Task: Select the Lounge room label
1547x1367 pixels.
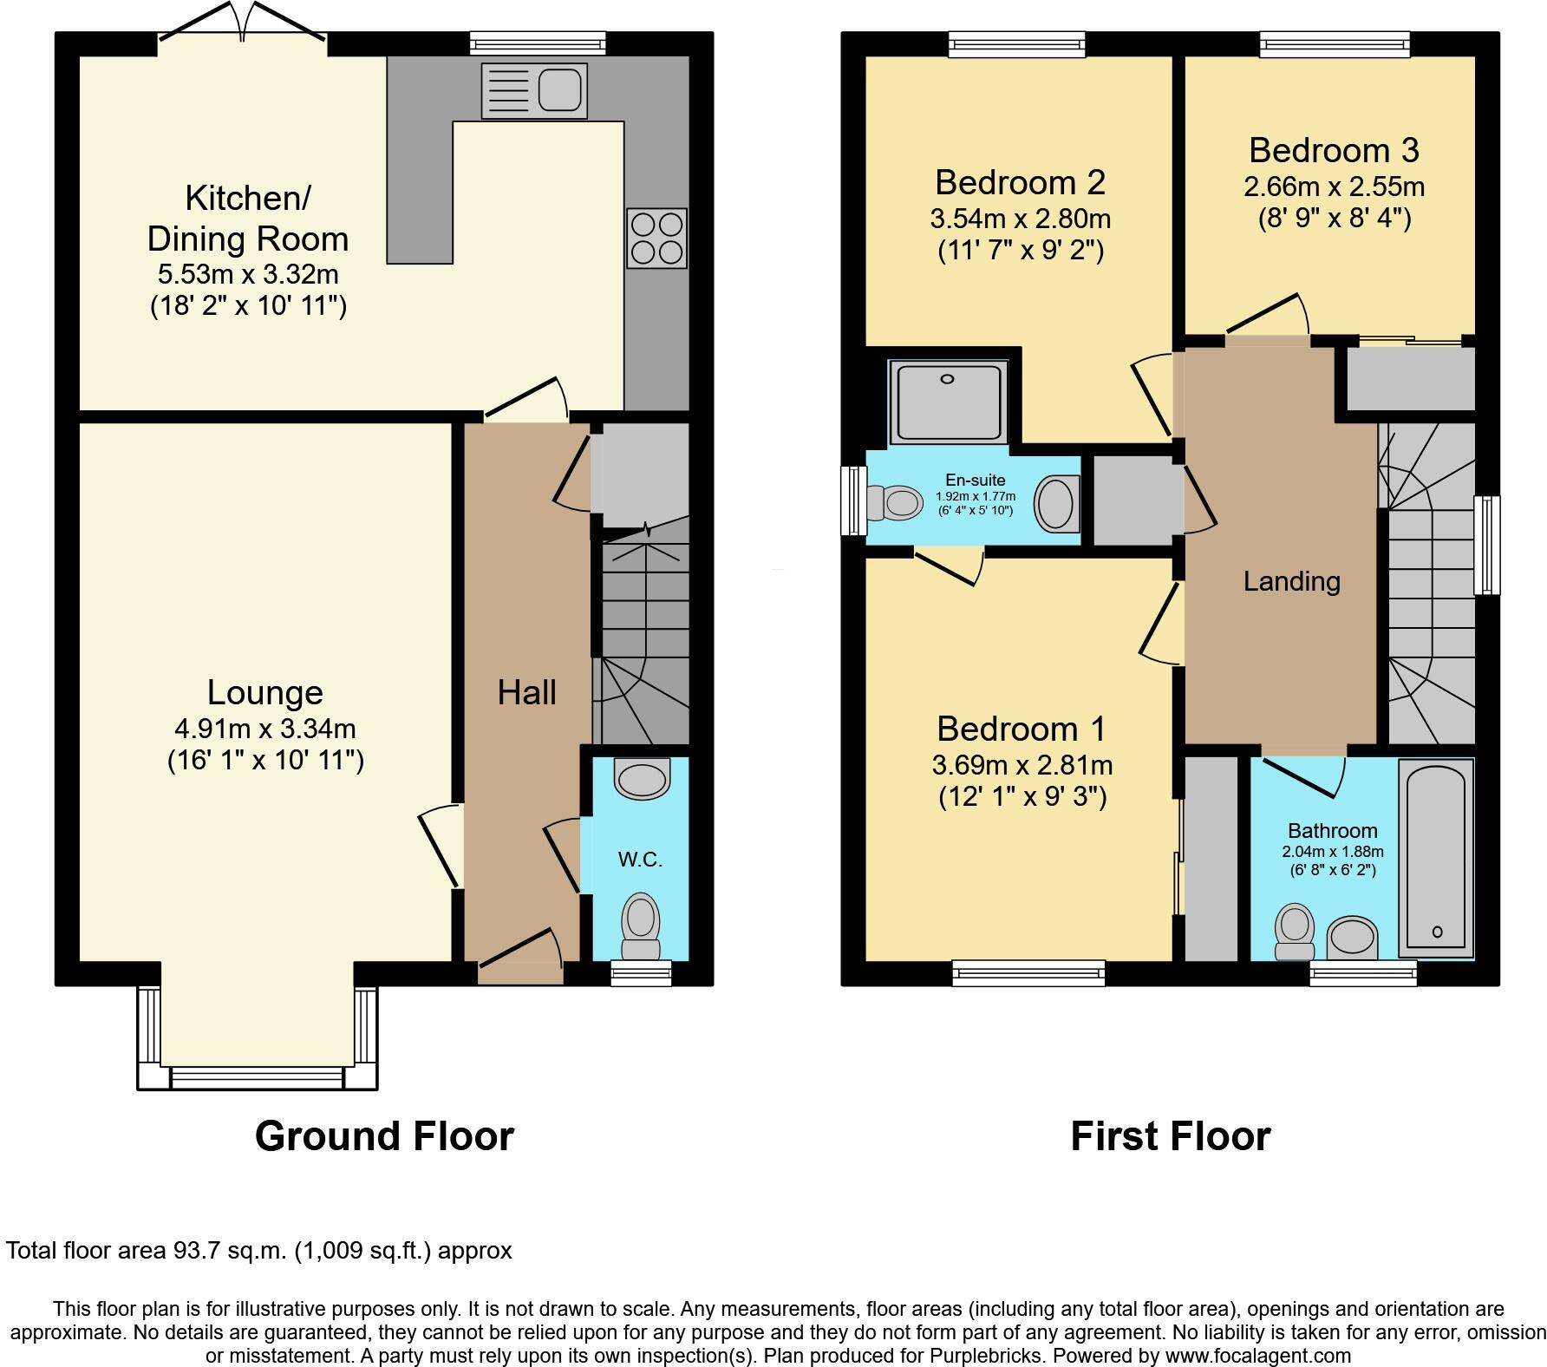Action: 264,693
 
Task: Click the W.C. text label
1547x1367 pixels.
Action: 640,860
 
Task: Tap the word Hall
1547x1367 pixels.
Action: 526,693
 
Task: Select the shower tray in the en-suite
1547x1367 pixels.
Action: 948,402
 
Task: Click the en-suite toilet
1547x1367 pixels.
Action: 894,502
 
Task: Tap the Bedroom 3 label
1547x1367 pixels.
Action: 1334,150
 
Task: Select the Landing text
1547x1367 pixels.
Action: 1291,581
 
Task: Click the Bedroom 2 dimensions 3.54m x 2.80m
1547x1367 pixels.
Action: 1020,218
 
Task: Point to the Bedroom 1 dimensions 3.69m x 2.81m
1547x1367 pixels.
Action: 1022,765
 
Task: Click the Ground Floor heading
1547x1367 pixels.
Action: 384,1135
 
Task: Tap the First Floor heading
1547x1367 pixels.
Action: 1170,1135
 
